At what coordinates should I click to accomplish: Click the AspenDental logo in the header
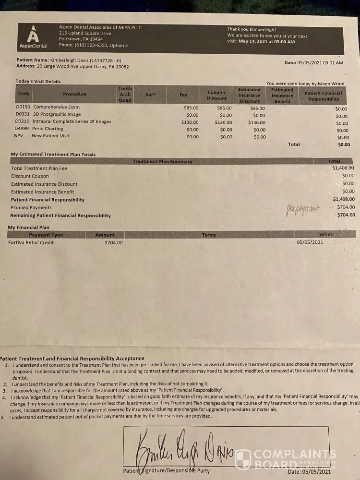[33, 37]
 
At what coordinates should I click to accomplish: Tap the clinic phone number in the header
[94, 45]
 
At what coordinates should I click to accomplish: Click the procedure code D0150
[23, 107]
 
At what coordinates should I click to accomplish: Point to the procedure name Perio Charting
[48, 129]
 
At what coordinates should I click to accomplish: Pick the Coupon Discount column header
[216, 95]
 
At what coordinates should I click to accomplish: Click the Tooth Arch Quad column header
[125, 94]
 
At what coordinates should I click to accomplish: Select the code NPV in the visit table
[19, 136]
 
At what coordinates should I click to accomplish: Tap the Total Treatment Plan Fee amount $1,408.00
[343, 168]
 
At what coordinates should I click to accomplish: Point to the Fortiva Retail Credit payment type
[31, 242]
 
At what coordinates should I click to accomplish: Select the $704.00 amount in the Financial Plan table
[113, 242]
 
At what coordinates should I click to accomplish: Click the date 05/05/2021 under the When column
[310, 242]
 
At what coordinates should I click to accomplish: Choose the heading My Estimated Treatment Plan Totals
[53, 155]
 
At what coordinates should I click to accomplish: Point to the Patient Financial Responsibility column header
[323, 96]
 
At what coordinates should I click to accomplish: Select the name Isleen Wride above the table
[332, 83]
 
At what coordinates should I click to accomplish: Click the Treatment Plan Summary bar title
[162, 161]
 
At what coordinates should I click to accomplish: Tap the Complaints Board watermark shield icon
[243, 459]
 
